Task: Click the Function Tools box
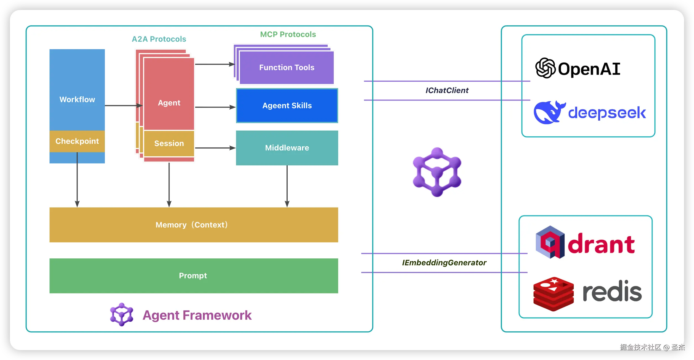[287, 67]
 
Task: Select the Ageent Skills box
[287, 105]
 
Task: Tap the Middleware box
[287, 148]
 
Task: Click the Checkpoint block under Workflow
[77, 141]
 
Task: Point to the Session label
[169, 143]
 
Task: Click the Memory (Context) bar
[194, 225]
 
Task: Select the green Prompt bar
[194, 276]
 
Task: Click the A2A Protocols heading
[159, 39]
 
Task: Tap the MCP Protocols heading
[288, 34]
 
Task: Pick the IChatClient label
[447, 90]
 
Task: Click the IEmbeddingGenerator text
[444, 263]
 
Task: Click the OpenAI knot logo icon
[545, 68]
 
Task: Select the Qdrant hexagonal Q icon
[550, 242]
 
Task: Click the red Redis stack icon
[553, 294]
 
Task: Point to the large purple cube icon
[437, 172]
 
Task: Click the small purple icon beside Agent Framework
[121, 314]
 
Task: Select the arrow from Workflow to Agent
[123, 105]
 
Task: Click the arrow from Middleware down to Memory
[287, 186]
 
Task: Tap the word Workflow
[77, 99]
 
